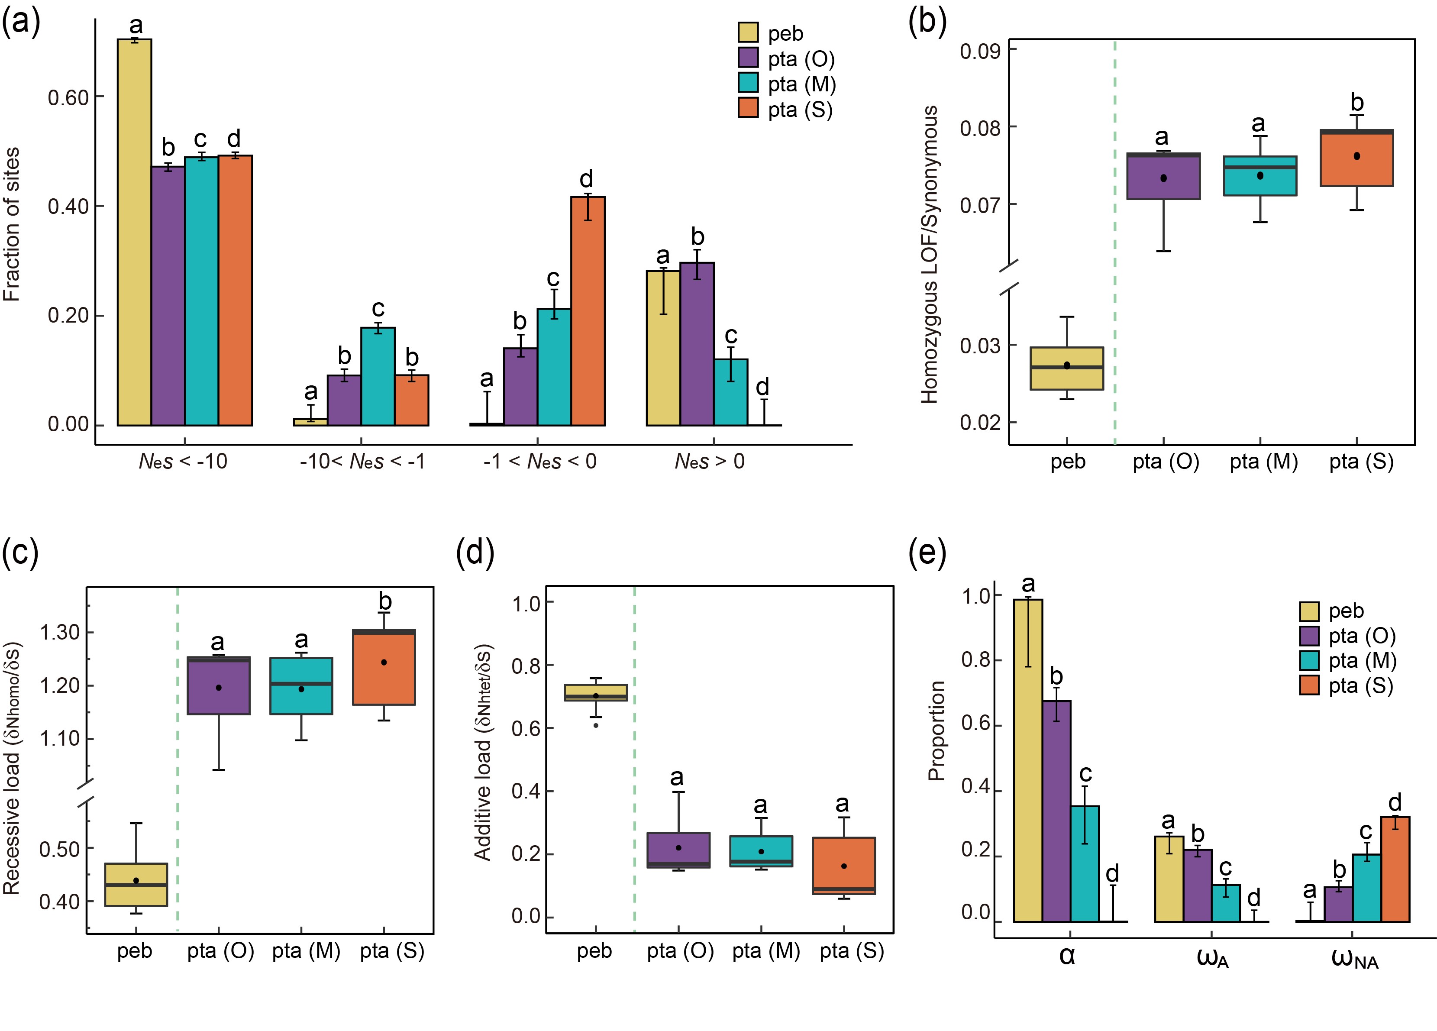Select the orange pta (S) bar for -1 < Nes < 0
pyautogui.click(x=588, y=310)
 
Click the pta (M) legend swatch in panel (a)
pyautogui.click(x=748, y=84)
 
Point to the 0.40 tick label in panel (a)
pyautogui.click(x=68, y=207)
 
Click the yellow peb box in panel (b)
pyautogui.click(x=1066, y=368)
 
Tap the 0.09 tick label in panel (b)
pyautogui.click(x=979, y=51)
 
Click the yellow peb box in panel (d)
pyautogui.click(x=596, y=692)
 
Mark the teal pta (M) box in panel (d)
pyautogui.click(x=761, y=851)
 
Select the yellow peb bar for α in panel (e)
pyautogui.click(x=1028, y=760)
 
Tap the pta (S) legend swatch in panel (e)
pyautogui.click(x=1309, y=685)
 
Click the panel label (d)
pyautogui.click(x=475, y=553)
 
